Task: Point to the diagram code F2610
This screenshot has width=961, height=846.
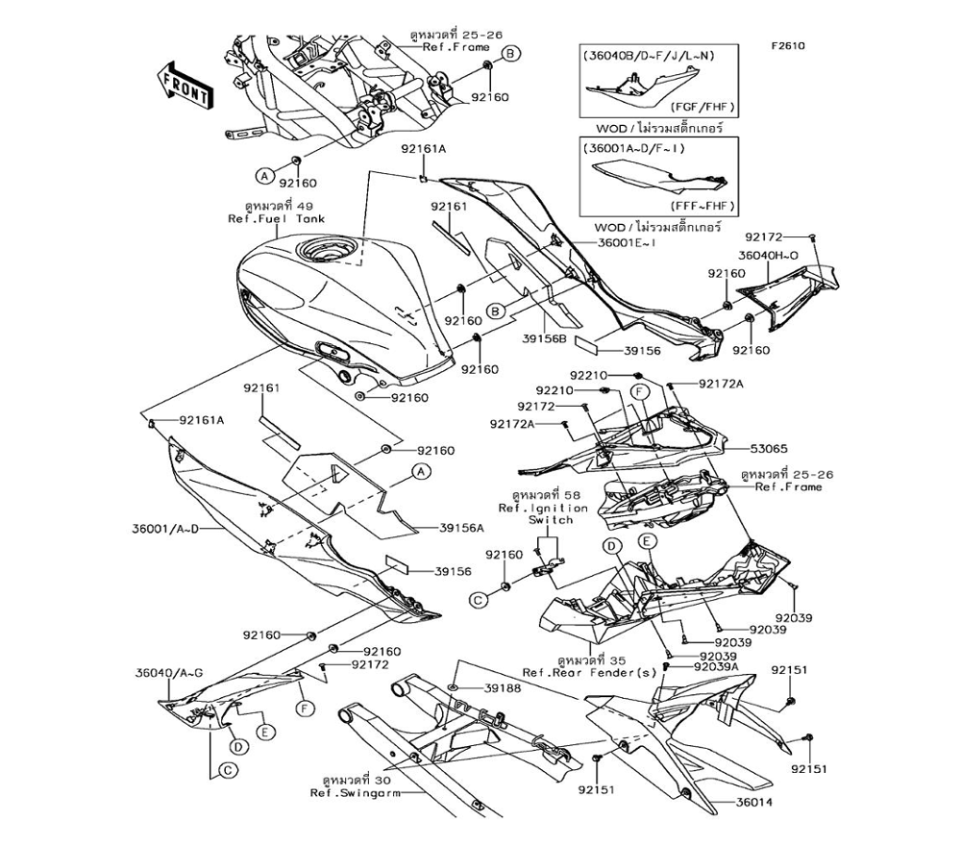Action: point(785,44)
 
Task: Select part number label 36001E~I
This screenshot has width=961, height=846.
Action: point(627,244)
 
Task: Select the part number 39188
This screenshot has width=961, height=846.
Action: point(502,688)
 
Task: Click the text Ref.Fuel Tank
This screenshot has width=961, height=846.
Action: point(276,219)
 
